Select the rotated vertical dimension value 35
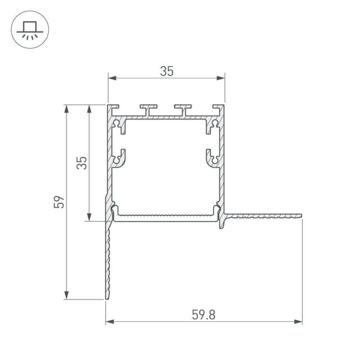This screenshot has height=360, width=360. coord(81,162)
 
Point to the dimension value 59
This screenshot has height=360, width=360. coord(59,202)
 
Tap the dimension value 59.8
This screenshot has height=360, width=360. coord(203,314)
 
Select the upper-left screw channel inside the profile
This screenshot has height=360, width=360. coord(119,126)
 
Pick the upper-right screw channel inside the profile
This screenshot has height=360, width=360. coord(213,126)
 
